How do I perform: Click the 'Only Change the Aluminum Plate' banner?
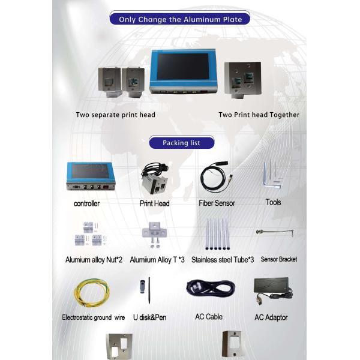pos(180,19)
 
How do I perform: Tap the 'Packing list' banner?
pos(181,143)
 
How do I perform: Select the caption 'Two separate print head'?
pos(115,115)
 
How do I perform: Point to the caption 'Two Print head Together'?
pos(259,115)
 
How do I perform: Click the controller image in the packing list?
pos(90,176)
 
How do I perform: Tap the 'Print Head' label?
pos(155,203)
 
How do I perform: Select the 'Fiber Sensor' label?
pos(217,203)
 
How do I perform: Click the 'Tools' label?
pos(273,203)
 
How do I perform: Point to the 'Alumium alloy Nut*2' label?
pos(94,260)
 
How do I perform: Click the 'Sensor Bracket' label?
pos(278,260)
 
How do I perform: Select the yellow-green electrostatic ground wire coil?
pos(91,294)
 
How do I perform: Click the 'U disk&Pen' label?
pos(149,317)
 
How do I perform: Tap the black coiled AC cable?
pos(208,292)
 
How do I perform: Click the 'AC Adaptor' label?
pos(271,317)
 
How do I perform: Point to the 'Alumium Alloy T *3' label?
pos(157,260)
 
